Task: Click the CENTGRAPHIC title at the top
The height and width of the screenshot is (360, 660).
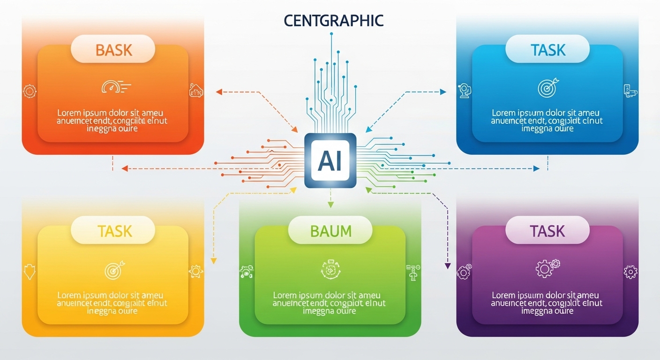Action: pos(333,21)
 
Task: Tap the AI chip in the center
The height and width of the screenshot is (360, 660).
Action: pos(330,161)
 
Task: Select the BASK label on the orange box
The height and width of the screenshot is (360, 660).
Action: pos(113,50)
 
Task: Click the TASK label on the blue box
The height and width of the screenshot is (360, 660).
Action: pos(547,50)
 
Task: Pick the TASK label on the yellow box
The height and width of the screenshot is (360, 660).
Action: pos(114,231)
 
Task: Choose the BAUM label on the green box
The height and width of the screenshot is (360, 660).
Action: pos(330,231)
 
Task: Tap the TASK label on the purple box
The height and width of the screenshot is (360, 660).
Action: pos(547,231)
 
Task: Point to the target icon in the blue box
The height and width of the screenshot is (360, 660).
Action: pos(546,87)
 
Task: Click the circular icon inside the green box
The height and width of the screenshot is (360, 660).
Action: pos(330,269)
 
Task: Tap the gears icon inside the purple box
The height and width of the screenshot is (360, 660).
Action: pos(547,268)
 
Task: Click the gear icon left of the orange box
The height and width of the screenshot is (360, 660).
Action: pos(30,90)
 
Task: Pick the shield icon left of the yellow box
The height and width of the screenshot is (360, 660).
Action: pos(30,271)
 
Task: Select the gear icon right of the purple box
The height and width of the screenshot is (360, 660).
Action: pos(630,271)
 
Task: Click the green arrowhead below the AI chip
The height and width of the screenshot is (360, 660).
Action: pos(330,204)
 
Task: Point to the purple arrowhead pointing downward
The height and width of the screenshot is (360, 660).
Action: pos(447,266)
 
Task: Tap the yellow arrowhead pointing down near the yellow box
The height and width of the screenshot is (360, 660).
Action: pos(214,260)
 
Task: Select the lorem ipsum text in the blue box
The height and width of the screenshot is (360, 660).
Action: pos(546,121)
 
